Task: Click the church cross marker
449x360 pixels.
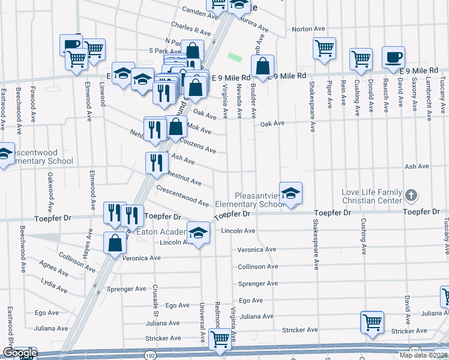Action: tap(411, 195)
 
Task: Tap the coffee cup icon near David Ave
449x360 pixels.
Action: tap(393, 58)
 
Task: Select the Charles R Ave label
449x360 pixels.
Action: tap(191, 28)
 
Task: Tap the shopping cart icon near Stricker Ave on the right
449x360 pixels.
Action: tap(372, 322)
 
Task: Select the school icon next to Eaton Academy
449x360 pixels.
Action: tap(197, 233)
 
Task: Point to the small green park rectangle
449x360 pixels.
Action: tap(235, 58)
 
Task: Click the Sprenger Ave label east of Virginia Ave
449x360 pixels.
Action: tap(258, 283)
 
